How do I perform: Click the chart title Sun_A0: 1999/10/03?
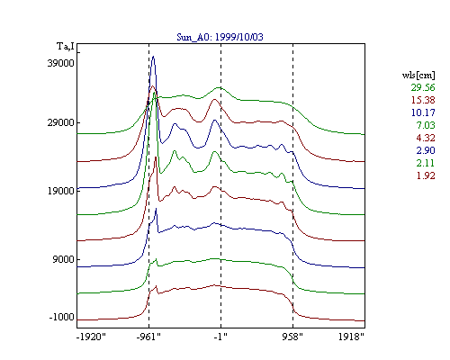pyautogui.click(x=220, y=37)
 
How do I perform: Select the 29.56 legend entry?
pyautogui.click(x=423, y=87)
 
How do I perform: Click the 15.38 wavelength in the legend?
pyautogui.click(x=423, y=100)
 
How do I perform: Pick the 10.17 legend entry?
pyautogui.click(x=423, y=112)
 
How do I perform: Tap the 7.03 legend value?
pyautogui.click(x=426, y=125)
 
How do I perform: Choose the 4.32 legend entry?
pyautogui.click(x=426, y=138)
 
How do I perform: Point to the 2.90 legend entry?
pyautogui.click(x=426, y=150)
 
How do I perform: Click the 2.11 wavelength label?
pyautogui.click(x=426, y=163)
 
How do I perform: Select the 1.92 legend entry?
pyautogui.click(x=426, y=175)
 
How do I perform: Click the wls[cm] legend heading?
pyautogui.click(x=418, y=75)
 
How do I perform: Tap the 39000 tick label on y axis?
pyautogui.click(x=60, y=63)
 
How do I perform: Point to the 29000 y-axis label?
pyautogui.click(x=60, y=122)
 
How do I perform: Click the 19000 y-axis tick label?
pyautogui.click(x=60, y=191)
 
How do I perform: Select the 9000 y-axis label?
pyautogui.click(x=63, y=259)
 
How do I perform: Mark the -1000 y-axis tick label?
pyautogui.click(x=61, y=317)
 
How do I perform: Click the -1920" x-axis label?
pyautogui.click(x=92, y=337)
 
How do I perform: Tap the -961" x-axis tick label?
pyautogui.click(x=148, y=337)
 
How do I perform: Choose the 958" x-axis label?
pyautogui.click(x=292, y=337)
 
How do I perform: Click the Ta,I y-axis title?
pyautogui.click(x=66, y=47)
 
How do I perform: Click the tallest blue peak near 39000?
pyautogui.click(x=153, y=57)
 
